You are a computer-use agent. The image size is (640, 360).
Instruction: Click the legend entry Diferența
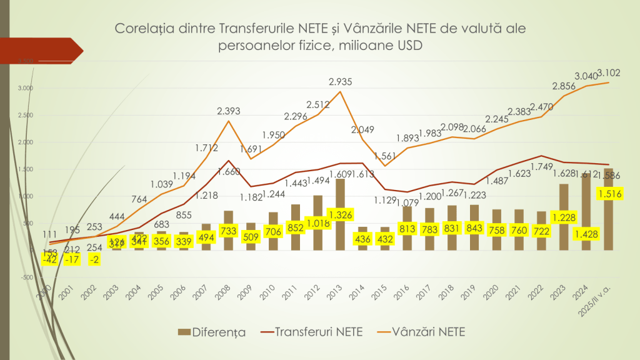point(212,332)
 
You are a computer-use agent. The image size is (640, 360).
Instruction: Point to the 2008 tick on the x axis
point(227,291)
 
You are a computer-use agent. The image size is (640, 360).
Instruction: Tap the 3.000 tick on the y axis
point(25,88)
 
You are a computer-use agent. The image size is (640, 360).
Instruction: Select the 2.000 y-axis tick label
point(25,142)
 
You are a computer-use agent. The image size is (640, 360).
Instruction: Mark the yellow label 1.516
point(610,196)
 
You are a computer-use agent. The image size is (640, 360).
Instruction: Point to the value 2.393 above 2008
point(229,111)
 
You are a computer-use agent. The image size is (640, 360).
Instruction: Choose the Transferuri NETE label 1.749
point(541,166)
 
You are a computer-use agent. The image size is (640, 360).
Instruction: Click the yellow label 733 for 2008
point(229,229)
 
